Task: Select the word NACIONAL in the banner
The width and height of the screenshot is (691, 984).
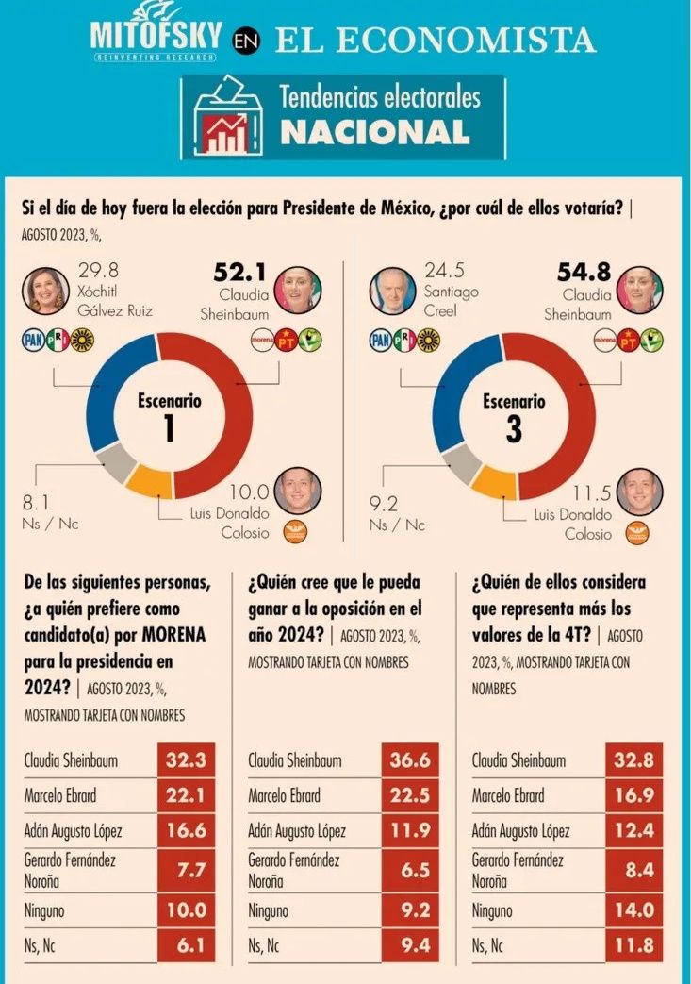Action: [374, 132]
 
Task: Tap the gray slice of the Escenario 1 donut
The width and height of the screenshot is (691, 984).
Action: [116, 461]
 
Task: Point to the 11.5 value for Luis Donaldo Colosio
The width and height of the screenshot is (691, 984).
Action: [591, 492]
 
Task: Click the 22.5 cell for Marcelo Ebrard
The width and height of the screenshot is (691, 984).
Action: [410, 795]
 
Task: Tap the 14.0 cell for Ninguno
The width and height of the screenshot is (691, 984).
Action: [633, 910]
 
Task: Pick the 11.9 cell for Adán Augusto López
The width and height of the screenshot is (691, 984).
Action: [410, 830]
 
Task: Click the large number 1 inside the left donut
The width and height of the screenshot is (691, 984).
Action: [169, 428]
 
